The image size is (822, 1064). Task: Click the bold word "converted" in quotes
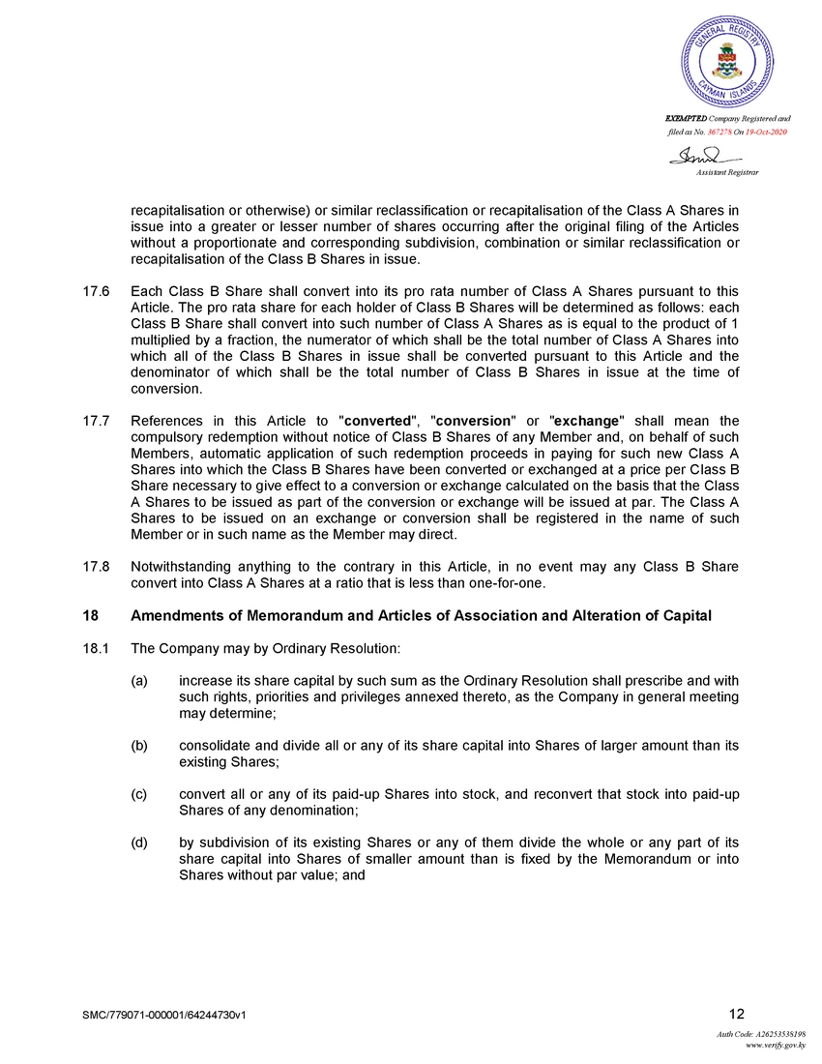pos(379,421)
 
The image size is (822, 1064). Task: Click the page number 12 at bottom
pos(737,1014)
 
